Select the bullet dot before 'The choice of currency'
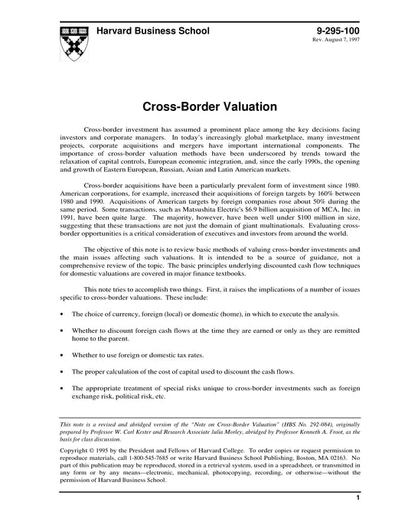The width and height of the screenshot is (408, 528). click(x=61, y=315)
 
